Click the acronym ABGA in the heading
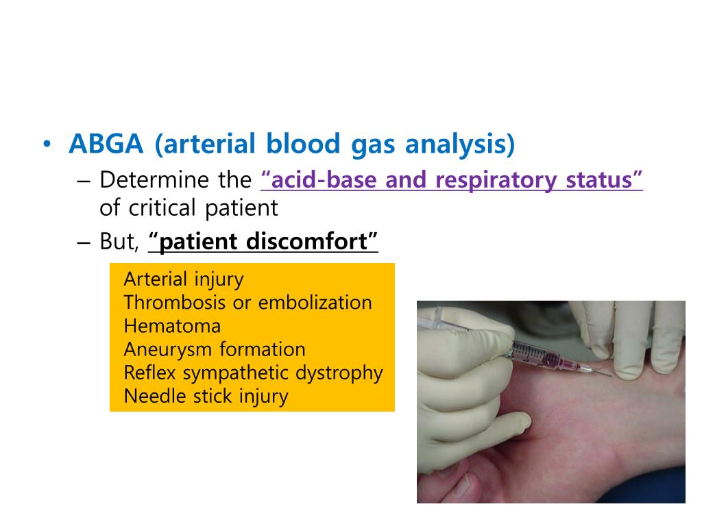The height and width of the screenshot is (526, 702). click(x=106, y=144)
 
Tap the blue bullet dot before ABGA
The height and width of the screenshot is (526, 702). click(x=47, y=145)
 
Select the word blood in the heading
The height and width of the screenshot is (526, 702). click(x=303, y=144)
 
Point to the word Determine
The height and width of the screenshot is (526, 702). click(x=154, y=180)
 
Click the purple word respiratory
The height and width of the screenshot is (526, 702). click(x=496, y=181)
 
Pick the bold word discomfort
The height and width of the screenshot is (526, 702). click(x=306, y=242)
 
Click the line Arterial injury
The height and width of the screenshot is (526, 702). click(x=184, y=280)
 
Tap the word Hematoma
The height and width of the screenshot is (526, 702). click(x=172, y=326)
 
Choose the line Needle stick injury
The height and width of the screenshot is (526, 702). click(x=206, y=397)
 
